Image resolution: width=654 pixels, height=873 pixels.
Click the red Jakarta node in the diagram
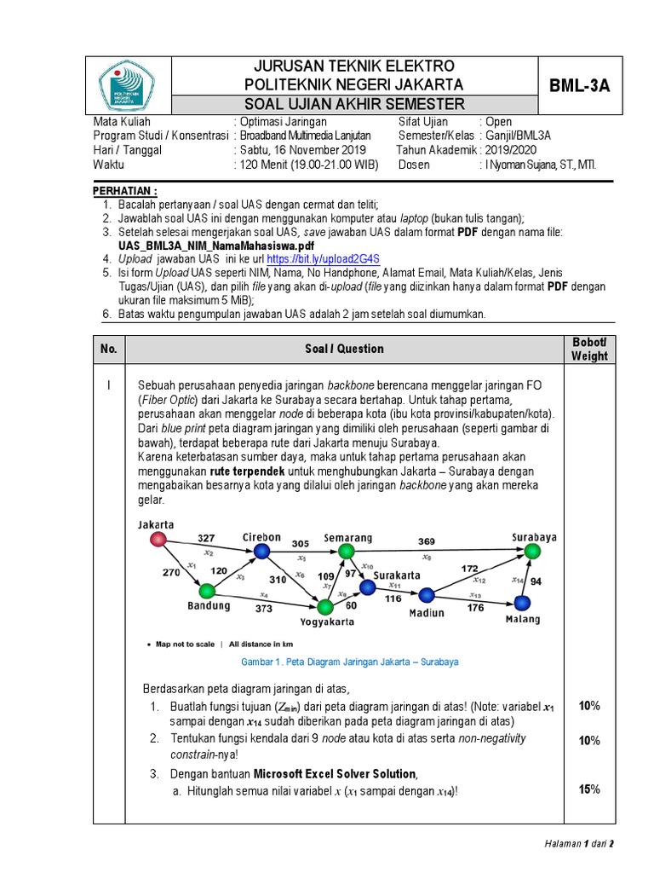(x=158, y=539)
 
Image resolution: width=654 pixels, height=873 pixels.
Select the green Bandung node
(x=206, y=590)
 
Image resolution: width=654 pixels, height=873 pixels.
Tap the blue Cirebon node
(x=262, y=552)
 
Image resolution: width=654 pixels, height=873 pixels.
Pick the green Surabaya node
(x=532, y=552)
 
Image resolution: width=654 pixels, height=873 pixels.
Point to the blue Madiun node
(x=427, y=595)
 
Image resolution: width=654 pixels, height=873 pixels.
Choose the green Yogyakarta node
(x=324, y=607)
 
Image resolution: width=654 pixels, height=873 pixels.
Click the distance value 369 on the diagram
(x=426, y=541)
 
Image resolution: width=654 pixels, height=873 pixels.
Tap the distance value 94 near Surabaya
(x=536, y=581)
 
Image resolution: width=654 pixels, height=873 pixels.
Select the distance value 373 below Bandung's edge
(x=263, y=609)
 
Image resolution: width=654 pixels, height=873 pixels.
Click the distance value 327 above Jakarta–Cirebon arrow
(x=206, y=538)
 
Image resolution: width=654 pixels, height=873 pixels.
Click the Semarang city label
(x=348, y=538)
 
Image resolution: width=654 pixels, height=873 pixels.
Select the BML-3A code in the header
(x=586, y=86)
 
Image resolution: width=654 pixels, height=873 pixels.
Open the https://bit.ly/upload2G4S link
(x=323, y=258)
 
